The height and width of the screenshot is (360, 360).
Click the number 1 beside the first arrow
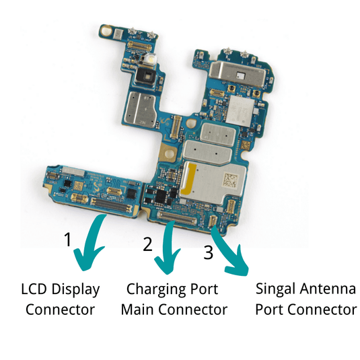click(x=67, y=239)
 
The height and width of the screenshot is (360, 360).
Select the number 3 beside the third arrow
click(x=208, y=252)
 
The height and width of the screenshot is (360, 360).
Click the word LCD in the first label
click(x=34, y=289)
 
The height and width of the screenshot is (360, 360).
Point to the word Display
click(x=75, y=290)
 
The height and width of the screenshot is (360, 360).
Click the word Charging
click(x=155, y=290)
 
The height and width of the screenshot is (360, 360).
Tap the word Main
click(x=137, y=310)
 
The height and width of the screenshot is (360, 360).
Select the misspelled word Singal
click(x=277, y=289)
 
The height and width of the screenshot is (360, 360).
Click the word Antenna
click(x=328, y=289)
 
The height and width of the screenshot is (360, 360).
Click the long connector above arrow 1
click(x=112, y=205)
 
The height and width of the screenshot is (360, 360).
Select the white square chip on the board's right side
click(x=240, y=110)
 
